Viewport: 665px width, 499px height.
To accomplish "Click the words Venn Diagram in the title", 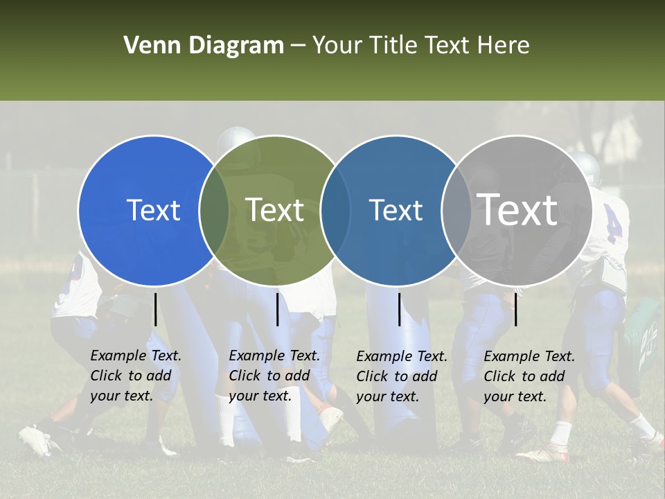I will [204, 46].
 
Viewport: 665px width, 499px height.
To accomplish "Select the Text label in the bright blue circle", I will [153, 210].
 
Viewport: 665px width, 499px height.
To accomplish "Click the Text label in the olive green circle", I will [275, 210].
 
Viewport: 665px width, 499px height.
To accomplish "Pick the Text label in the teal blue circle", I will [396, 210].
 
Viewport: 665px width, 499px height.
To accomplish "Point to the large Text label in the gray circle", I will [517, 210].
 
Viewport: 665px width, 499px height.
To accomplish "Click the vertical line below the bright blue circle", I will [155, 308].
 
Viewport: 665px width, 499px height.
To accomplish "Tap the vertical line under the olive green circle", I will [277, 308].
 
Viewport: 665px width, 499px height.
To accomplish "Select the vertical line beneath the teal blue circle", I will [399, 308].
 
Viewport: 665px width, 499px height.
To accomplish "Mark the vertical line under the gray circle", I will [515, 308].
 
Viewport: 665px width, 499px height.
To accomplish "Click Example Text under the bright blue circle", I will [136, 356].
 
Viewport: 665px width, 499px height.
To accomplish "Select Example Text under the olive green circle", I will [274, 356].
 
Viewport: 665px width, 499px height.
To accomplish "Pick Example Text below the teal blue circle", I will [402, 356].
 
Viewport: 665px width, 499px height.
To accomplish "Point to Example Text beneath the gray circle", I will [529, 356].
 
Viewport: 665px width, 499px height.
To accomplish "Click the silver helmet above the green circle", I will [236, 139].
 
